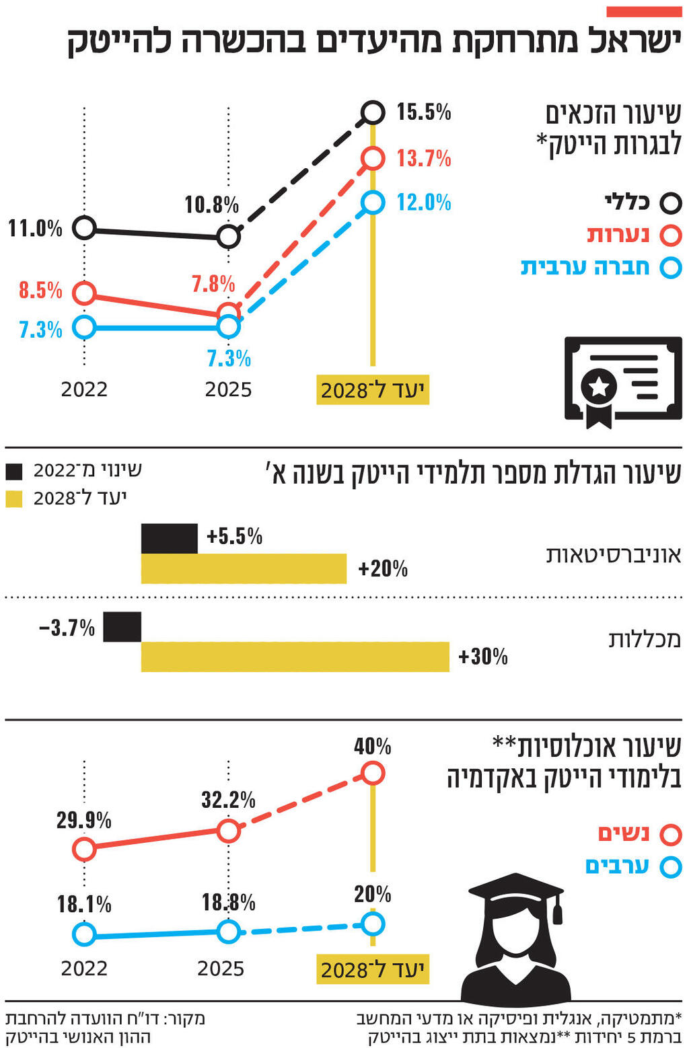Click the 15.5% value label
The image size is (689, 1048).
point(423,112)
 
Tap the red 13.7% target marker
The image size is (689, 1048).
point(373,158)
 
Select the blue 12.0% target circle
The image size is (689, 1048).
point(373,202)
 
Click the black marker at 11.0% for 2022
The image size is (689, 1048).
point(84,228)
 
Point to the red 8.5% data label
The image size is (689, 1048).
point(40,291)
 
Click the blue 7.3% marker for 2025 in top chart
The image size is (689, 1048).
point(229,327)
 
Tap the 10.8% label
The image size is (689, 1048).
point(211,204)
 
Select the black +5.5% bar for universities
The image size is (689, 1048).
point(170,538)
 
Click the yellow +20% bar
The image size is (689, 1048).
point(244,569)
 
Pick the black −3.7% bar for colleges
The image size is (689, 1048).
point(122,627)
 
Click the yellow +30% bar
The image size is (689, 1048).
point(295,657)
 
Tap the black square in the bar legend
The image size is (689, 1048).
point(14,471)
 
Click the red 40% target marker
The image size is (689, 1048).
point(373,774)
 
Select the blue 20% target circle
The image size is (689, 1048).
point(373,924)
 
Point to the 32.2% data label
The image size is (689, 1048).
point(228,800)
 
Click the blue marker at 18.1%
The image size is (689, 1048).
point(84,934)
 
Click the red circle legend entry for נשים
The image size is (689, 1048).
point(671,835)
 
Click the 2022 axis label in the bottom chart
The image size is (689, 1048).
point(84,969)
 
